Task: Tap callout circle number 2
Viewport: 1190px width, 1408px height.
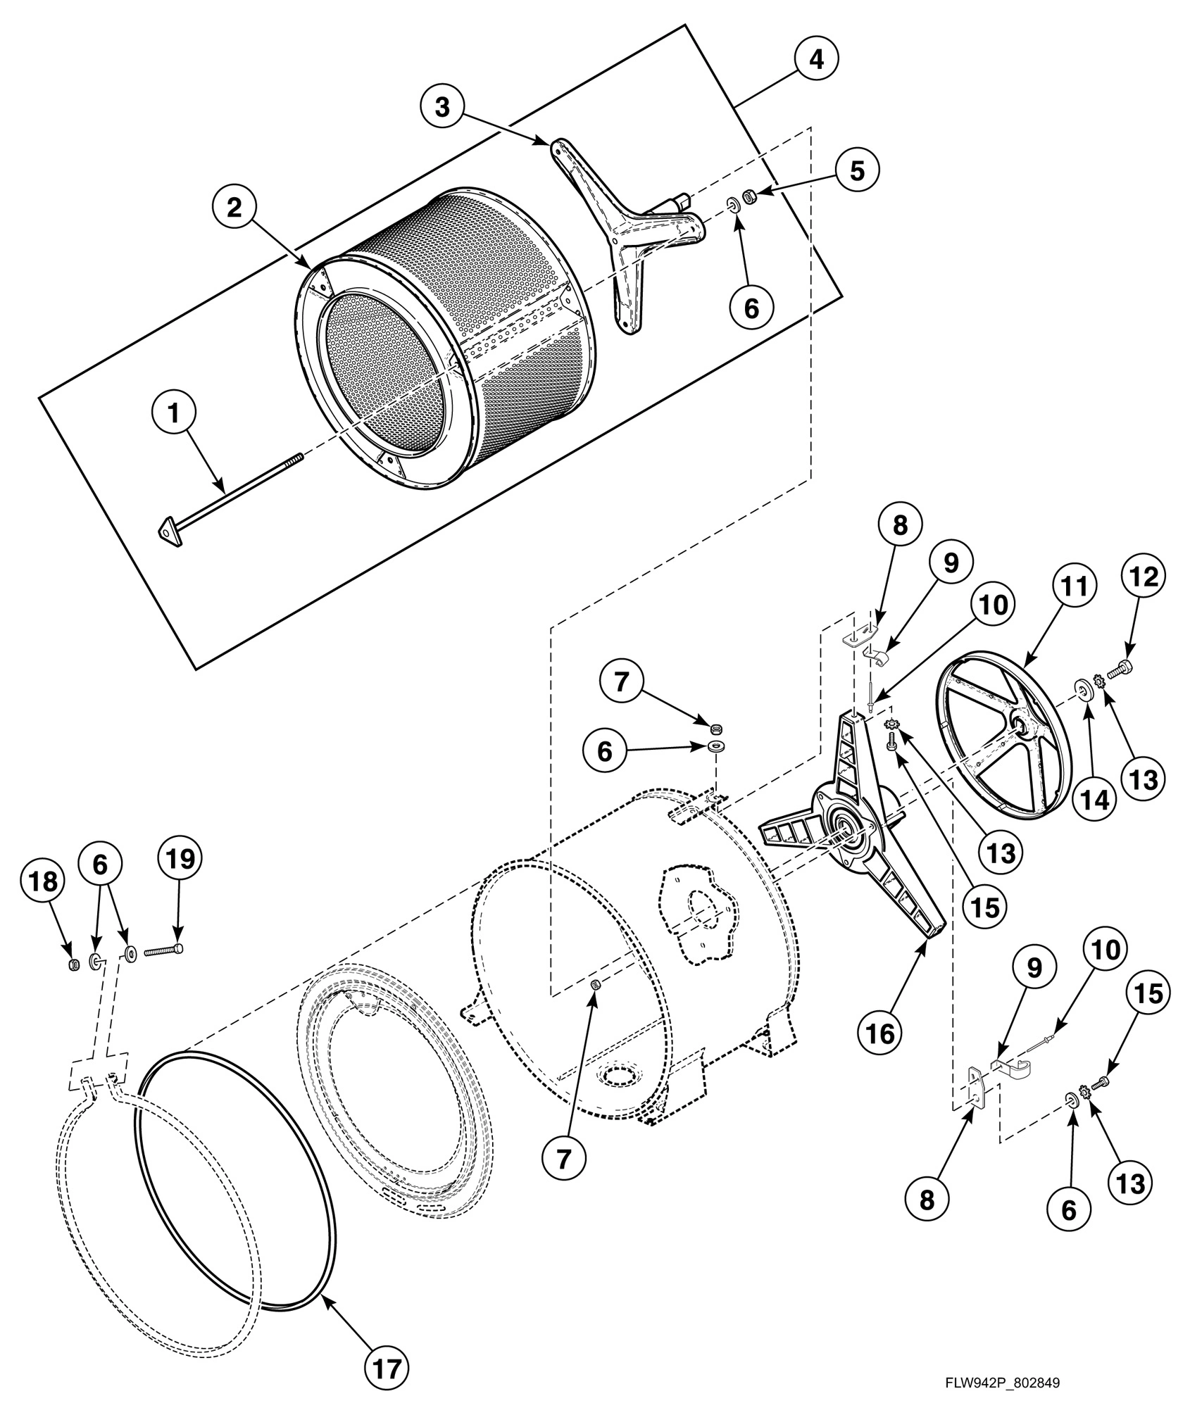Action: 234,206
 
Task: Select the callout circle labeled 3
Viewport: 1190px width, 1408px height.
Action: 441,107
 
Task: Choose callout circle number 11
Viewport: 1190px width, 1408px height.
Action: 1075,586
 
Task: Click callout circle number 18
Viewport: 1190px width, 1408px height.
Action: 43,881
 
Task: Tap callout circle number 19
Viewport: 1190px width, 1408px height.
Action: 179,859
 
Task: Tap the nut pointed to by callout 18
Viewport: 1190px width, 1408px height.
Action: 73,964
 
